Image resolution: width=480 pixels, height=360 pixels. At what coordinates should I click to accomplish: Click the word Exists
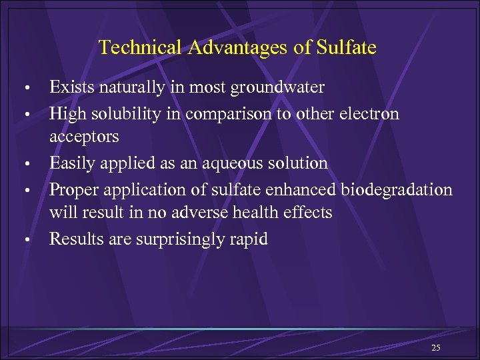pos(72,87)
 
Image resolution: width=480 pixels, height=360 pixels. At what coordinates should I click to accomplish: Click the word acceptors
pos(84,137)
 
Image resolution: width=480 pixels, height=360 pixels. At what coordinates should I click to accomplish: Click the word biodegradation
pos(397,189)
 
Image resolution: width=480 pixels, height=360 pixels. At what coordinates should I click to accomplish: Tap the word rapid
pos(250,239)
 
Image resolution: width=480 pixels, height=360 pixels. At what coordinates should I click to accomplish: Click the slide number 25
pos(437,348)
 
